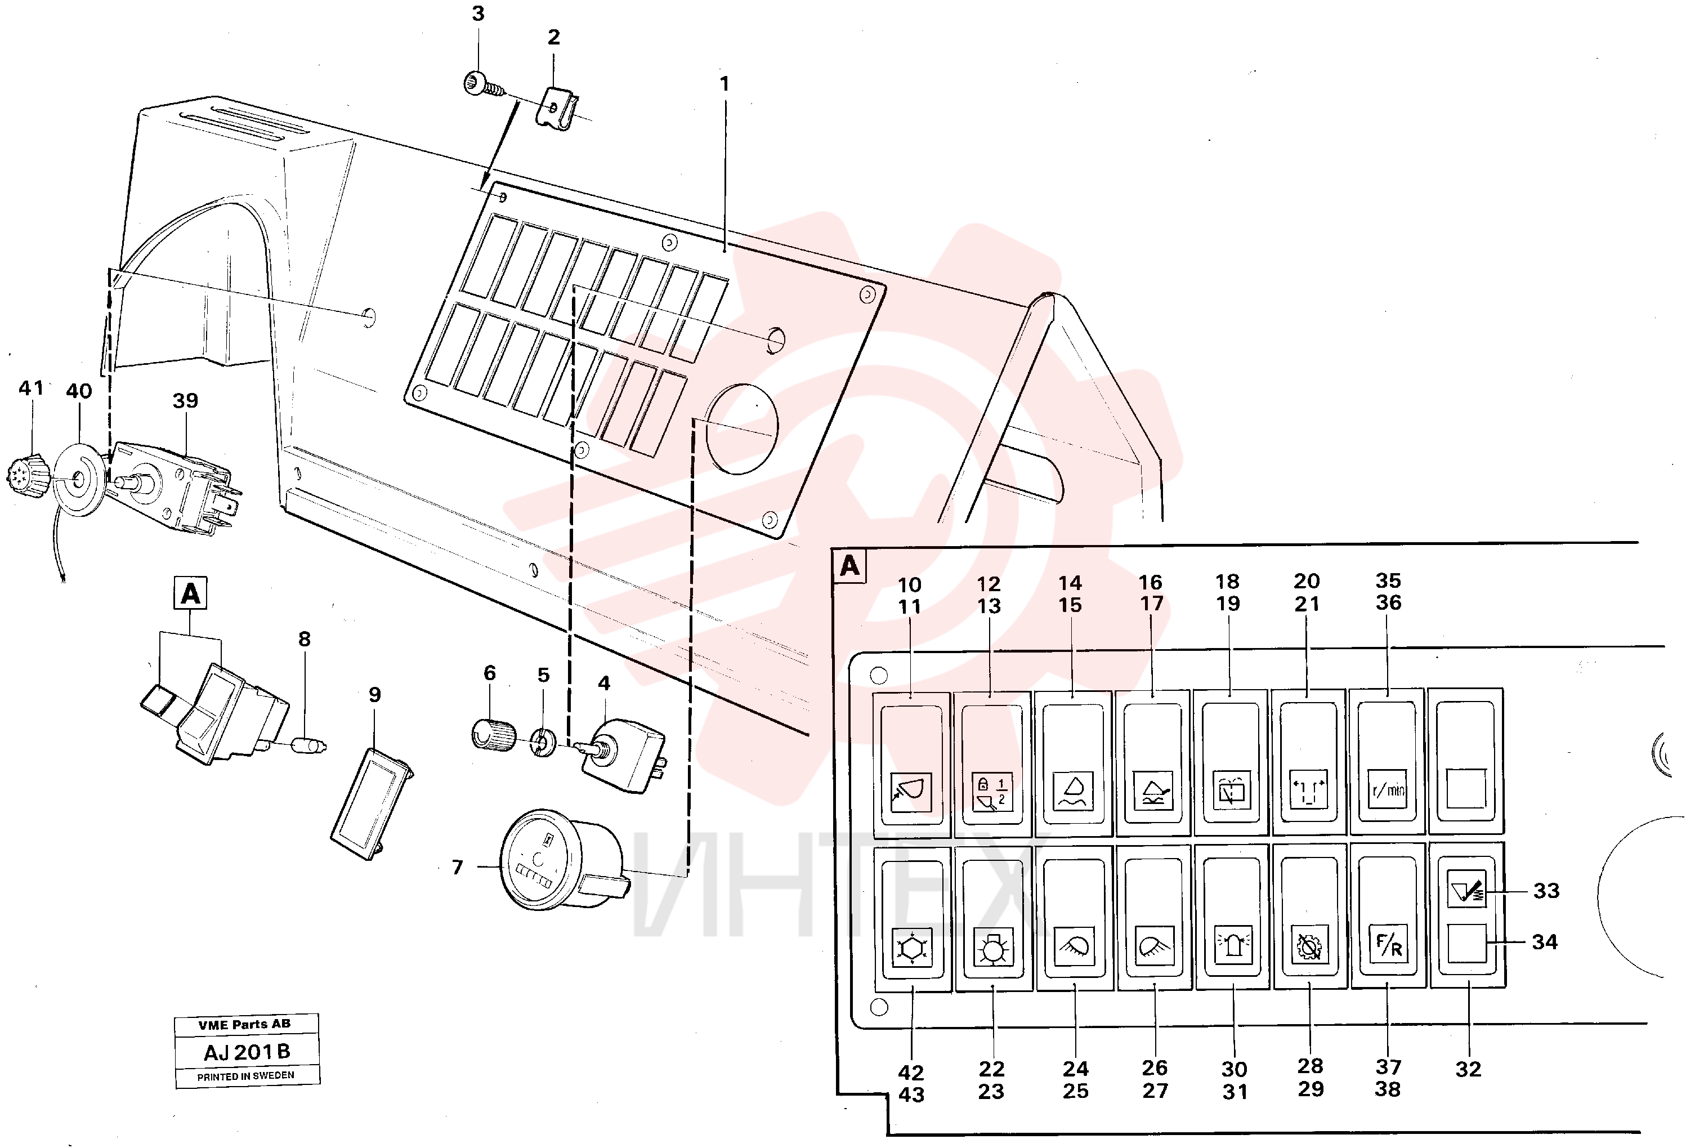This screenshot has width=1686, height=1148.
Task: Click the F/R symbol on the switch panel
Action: [1388, 944]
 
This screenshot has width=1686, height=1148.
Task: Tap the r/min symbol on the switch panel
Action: [1387, 789]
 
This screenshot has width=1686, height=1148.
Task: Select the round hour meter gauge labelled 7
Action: [563, 859]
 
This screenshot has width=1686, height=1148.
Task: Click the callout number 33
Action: [1546, 890]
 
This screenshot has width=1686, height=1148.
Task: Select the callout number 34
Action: [1545, 942]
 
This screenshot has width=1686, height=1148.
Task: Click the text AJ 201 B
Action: [247, 1052]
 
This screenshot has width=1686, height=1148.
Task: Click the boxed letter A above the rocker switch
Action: [190, 593]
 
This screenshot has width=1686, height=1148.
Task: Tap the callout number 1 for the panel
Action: [724, 84]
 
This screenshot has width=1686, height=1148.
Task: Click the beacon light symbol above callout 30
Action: [1233, 945]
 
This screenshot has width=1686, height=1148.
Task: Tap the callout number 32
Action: [1468, 1069]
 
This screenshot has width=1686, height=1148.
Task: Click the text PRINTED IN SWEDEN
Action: [246, 1075]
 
